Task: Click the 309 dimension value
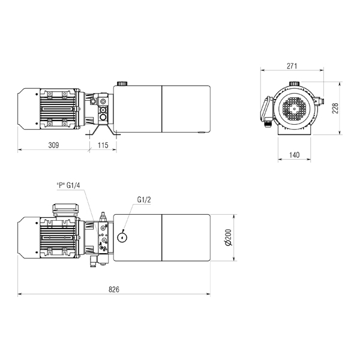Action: tap(54, 145)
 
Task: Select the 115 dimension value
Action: tap(103, 145)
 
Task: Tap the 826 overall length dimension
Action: tap(114, 289)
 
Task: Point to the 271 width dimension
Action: tap(292, 66)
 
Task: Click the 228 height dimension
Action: tap(335, 108)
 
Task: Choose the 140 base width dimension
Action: tap(294, 155)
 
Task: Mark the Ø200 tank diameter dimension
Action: tap(229, 238)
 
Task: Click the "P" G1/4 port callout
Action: tap(68, 185)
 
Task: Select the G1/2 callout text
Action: tap(144, 200)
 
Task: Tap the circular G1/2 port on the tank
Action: tap(122, 238)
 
